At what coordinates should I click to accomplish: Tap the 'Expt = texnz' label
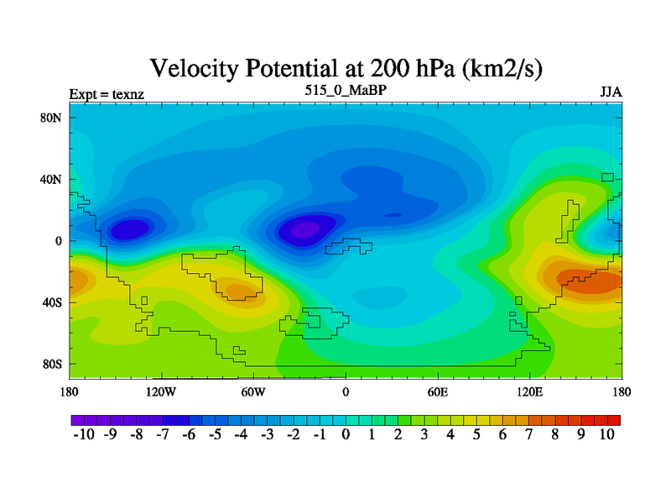[107, 94]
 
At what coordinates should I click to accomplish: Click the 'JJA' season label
[611, 92]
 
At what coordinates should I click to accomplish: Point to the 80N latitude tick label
[51, 118]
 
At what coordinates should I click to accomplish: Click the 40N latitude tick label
[51, 179]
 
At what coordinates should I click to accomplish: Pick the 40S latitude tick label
[51, 302]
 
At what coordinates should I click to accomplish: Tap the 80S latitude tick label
[51, 364]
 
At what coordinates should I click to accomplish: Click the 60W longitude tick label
[253, 391]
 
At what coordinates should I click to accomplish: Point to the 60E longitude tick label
[438, 391]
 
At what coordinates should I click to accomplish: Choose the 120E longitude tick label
[530, 391]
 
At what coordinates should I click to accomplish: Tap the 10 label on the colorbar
[607, 435]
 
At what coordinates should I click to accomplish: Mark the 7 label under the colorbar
[528, 435]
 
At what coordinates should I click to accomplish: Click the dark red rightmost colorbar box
[614, 419]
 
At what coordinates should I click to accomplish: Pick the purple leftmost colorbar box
[75, 419]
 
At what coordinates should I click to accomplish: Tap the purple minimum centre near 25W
[304, 228]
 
